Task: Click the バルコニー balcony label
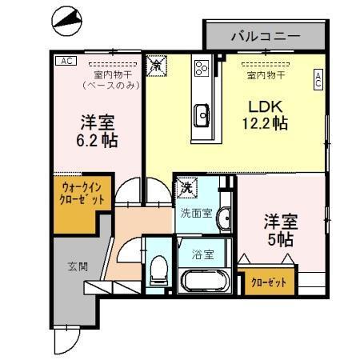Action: click(265, 36)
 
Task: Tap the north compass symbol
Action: click(65, 20)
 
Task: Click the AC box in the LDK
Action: click(318, 78)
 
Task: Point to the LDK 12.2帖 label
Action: click(265, 115)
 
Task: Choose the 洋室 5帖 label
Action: click(281, 230)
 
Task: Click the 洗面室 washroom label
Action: click(195, 214)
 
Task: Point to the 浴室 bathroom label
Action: click(202, 255)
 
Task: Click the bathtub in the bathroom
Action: click(205, 282)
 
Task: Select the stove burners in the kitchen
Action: click(201, 68)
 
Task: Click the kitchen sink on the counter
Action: click(202, 117)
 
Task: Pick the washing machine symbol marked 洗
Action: click(186, 187)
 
